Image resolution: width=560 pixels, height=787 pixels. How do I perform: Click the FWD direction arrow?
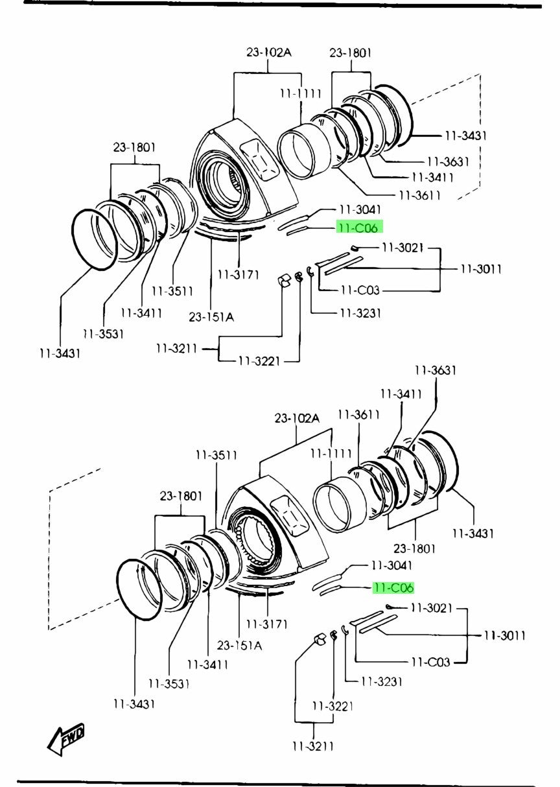66,739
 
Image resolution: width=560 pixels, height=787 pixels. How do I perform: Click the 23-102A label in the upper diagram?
268,52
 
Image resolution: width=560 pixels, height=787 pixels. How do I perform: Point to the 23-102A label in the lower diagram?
297,418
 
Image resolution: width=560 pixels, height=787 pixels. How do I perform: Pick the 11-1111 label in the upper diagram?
301,93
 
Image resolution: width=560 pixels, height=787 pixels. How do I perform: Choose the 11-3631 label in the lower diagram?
436,370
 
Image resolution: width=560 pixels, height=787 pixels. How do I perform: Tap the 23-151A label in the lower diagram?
239,645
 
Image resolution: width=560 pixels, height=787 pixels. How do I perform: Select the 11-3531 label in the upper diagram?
104,333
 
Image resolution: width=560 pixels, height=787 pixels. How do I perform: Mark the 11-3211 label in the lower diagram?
312,746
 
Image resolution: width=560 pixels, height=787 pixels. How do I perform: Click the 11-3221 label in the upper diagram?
259,360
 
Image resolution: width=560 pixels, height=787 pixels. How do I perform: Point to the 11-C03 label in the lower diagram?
430,662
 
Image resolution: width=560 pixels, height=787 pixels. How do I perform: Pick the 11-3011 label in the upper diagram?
481,269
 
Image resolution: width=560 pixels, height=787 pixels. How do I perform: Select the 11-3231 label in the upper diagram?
360,313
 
